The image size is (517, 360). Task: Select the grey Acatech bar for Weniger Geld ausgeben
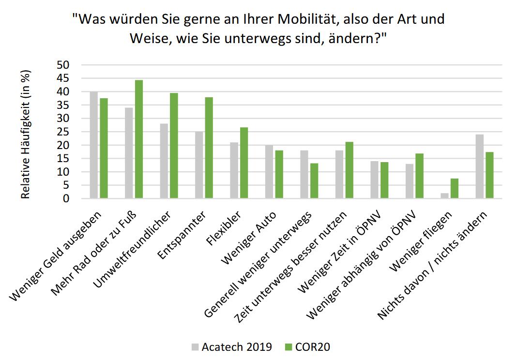tap(94, 145)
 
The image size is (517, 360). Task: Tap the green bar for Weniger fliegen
tap(454, 189)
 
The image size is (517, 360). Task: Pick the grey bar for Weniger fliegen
tap(445, 195)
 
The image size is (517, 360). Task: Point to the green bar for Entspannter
tap(209, 148)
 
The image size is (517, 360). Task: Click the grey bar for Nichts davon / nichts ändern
tap(480, 166)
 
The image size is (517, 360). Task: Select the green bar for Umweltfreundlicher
tap(174, 146)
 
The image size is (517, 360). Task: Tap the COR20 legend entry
tap(308, 346)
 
